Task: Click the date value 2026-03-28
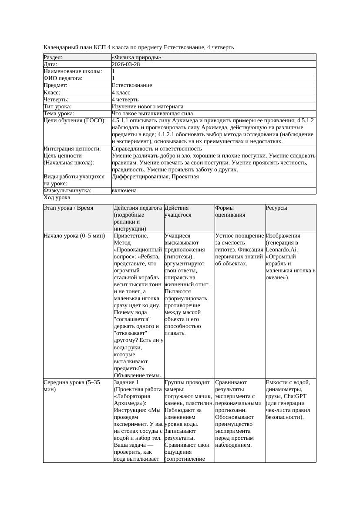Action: pos(126,64)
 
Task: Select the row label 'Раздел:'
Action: pos(53,57)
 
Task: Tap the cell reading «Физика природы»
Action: pos(136,57)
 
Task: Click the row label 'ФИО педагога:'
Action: pos(63,78)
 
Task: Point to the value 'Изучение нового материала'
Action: pos(147,107)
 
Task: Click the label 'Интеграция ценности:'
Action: pos(72,149)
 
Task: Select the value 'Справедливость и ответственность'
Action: pos(157,149)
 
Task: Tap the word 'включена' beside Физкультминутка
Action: pos(124,191)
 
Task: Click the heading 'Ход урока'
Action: pos(57,198)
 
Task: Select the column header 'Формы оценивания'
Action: pos(230,211)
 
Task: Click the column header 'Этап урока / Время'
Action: pos(68,208)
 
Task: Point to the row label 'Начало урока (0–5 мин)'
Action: pos(74,236)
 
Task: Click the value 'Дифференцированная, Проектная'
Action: pos(155,177)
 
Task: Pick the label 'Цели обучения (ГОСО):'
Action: pos(74,121)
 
